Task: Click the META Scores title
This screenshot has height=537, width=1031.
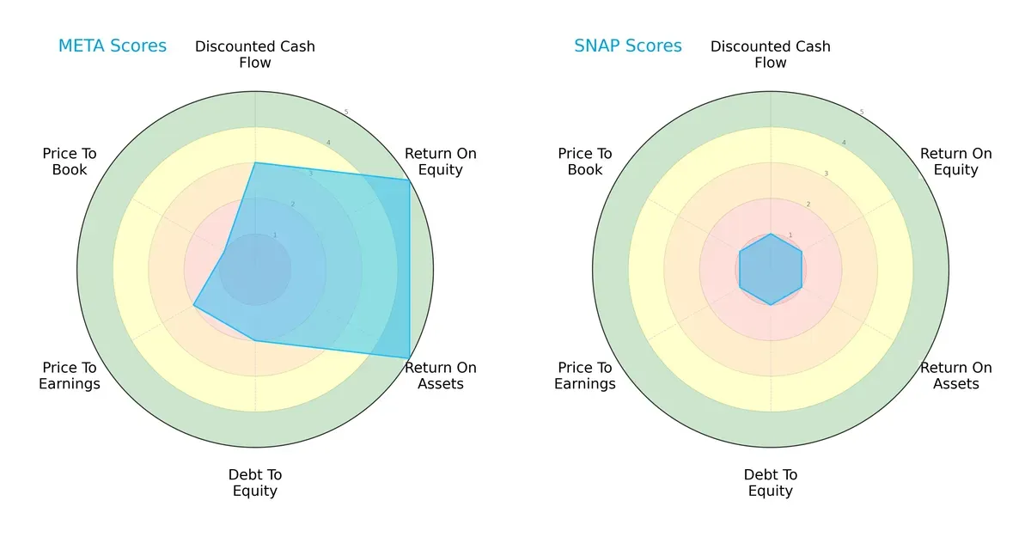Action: pyautogui.click(x=113, y=46)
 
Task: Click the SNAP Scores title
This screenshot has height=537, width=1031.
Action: pyautogui.click(x=628, y=46)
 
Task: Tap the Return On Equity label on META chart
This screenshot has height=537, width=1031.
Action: pyautogui.click(x=440, y=162)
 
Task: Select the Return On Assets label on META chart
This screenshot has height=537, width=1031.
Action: pyautogui.click(x=440, y=375)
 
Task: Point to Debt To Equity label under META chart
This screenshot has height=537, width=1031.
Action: pyautogui.click(x=255, y=483)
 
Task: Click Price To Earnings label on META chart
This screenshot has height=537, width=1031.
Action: pyautogui.click(x=70, y=375)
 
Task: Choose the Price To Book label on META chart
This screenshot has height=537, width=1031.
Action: pyautogui.click(x=70, y=162)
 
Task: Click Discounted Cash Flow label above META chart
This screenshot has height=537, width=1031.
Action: pyautogui.click(x=255, y=54)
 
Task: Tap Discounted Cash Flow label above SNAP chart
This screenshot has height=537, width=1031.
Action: pyautogui.click(x=771, y=54)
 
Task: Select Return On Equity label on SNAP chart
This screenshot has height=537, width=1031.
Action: pyautogui.click(x=955, y=162)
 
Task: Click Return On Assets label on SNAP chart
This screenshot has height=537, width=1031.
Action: pyautogui.click(x=955, y=375)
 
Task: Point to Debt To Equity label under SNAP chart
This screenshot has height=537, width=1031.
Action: pyautogui.click(x=771, y=483)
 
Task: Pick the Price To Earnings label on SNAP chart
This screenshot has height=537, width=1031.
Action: pyautogui.click(x=585, y=375)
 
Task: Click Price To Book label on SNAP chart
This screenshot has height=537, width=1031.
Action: pyautogui.click(x=585, y=162)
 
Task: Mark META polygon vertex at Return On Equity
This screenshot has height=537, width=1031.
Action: pyautogui.click(x=409, y=180)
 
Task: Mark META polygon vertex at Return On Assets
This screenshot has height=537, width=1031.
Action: pyautogui.click(x=409, y=358)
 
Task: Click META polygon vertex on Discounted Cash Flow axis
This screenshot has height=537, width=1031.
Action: pyautogui.click(x=255, y=162)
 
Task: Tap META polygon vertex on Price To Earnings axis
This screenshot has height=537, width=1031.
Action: pyautogui.click(x=194, y=305)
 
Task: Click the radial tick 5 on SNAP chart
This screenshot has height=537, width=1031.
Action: pyautogui.click(x=861, y=113)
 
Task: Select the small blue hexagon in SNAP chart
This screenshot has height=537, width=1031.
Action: pyautogui.click(x=771, y=269)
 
